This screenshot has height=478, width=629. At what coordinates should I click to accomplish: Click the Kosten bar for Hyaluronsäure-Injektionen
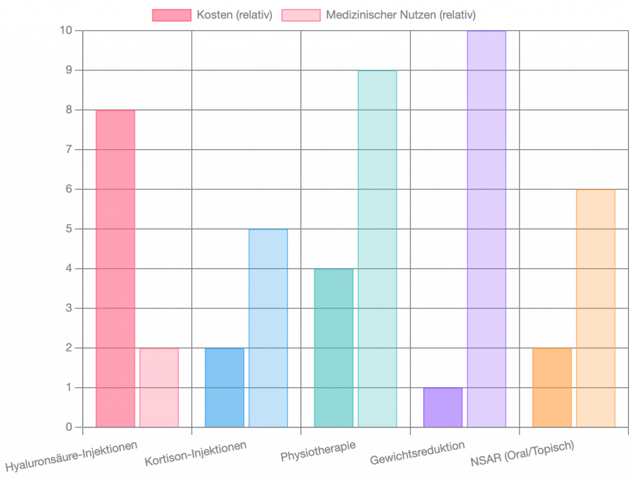click(x=115, y=268)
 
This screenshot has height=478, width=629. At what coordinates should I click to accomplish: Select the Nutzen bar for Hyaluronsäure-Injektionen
click(x=159, y=387)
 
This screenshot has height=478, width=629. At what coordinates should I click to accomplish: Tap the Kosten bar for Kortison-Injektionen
click(x=224, y=387)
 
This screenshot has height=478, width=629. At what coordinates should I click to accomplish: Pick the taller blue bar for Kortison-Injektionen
click(x=268, y=328)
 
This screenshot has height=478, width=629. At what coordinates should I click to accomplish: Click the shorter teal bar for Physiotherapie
click(x=334, y=347)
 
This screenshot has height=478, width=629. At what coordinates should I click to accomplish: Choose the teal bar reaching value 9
click(x=378, y=249)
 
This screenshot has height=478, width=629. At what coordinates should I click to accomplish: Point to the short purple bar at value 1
click(x=443, y=407)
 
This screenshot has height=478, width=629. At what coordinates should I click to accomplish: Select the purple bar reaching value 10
click(x=486, y=228)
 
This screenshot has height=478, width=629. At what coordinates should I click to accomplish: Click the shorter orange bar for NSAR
click(x=552, y=387)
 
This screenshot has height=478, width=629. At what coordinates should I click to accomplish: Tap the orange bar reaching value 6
click(x=596, y=308)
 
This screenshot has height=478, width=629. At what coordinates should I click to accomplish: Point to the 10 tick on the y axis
click(x=68, y=31)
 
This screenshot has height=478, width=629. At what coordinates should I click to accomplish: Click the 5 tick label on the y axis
click(x=69, y=229)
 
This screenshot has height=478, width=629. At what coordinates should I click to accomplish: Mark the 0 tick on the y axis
click(x=69, y=427)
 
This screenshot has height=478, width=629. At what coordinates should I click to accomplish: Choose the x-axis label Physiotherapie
click(x=318, y=450)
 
